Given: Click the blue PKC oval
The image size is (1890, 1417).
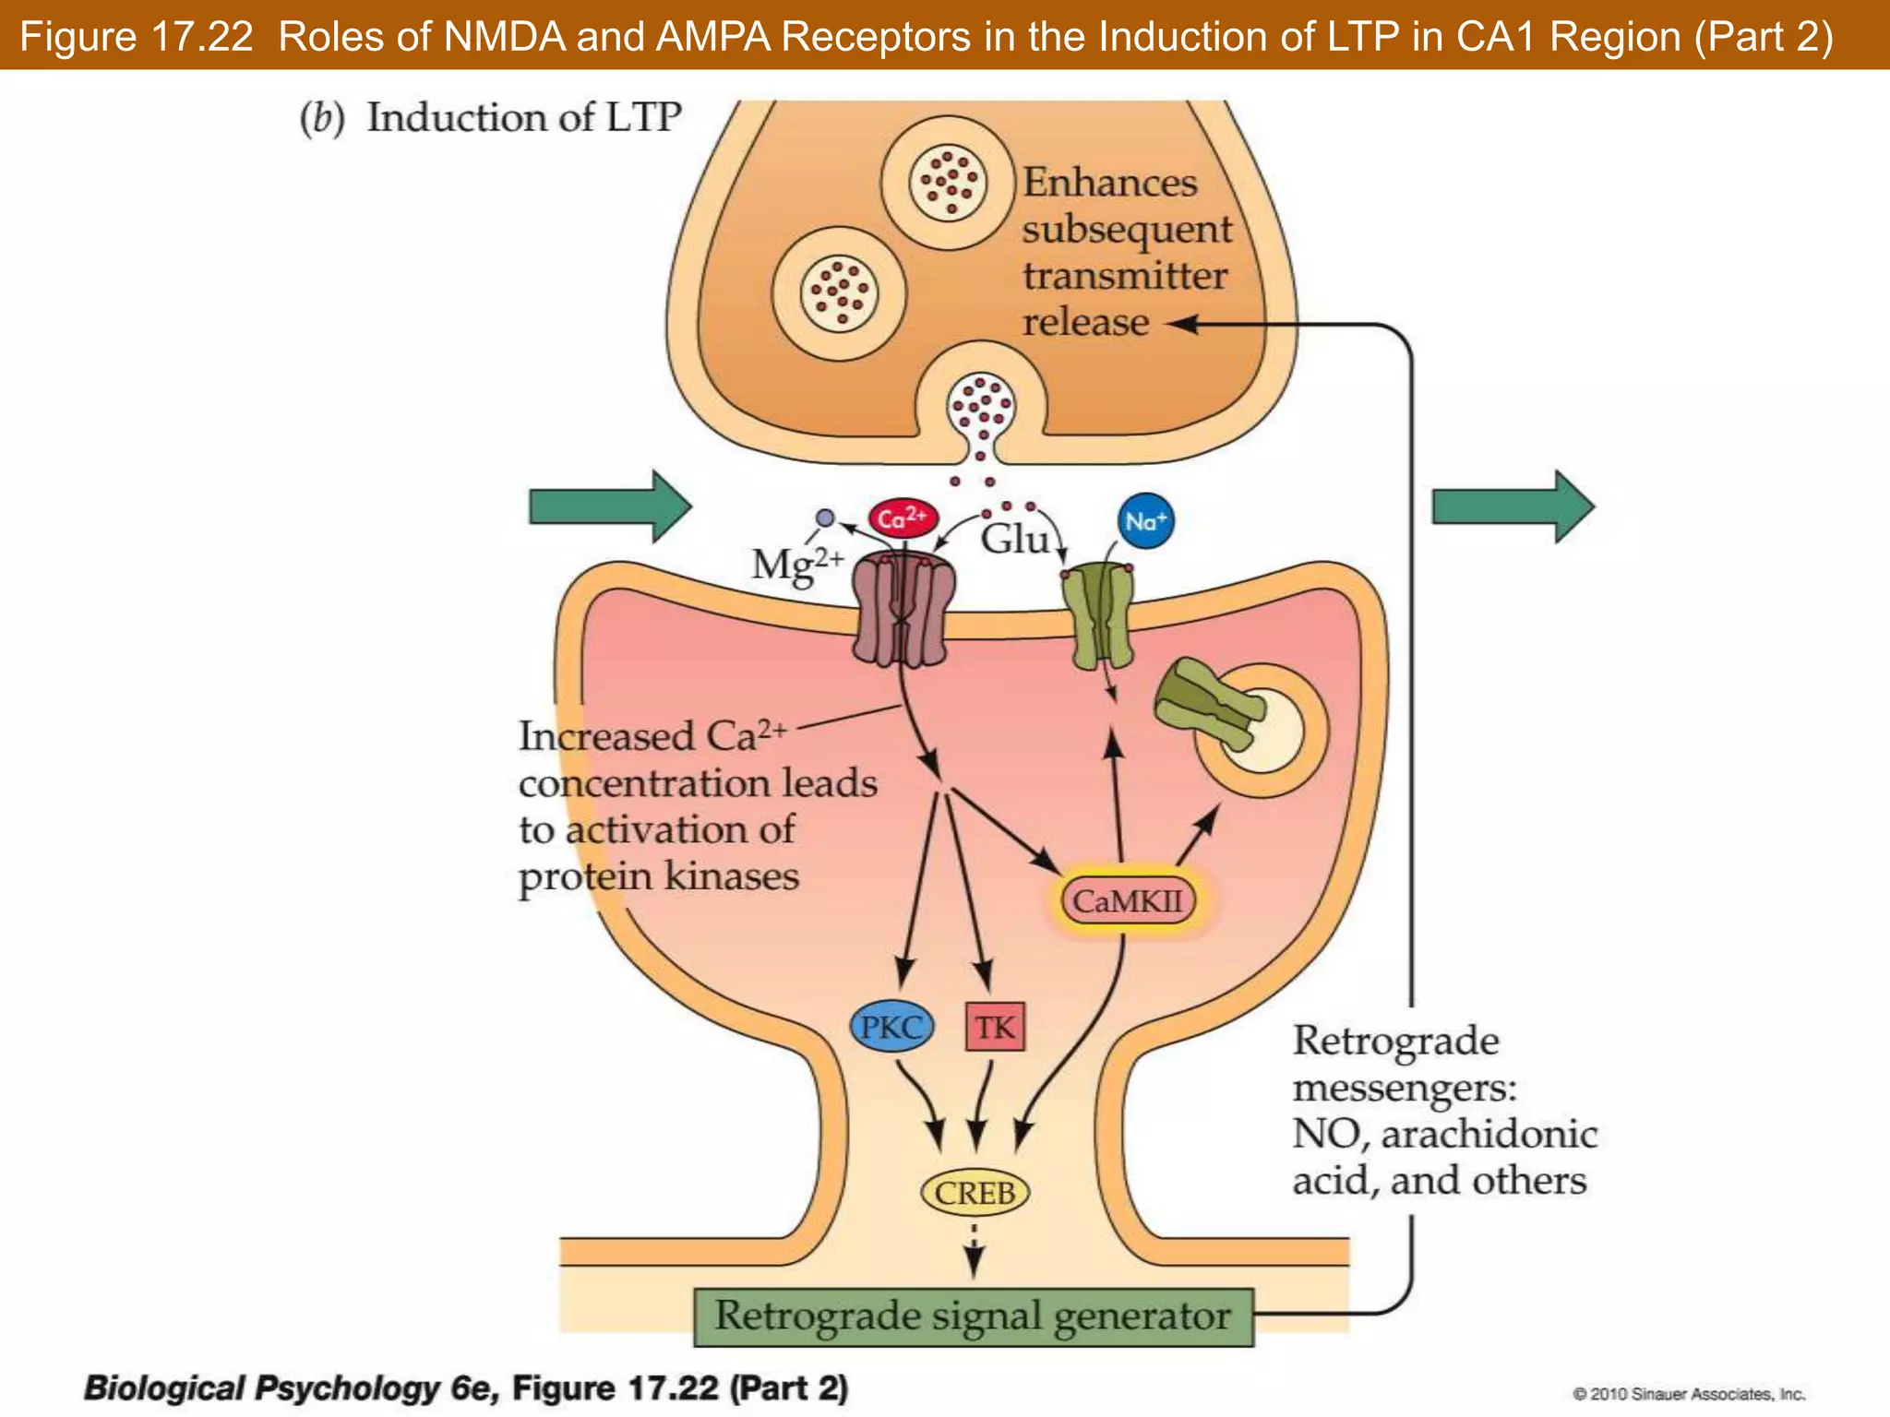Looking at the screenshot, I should [891, 1027].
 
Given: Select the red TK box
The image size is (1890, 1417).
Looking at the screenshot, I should [994, 1027].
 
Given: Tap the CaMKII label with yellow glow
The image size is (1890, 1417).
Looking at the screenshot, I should [1128, 900].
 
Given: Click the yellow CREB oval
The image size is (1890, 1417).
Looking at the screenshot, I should [975, 1193].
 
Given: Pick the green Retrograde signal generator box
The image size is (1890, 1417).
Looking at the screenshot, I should [973, 1316].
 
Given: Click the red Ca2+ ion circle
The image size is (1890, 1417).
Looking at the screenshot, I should [902, 518].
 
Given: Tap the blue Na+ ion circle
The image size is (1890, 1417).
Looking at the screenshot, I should [1145, 521].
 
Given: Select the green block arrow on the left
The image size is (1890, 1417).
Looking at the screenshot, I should [610, 506].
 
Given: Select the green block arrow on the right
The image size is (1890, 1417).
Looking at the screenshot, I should [1512, 506].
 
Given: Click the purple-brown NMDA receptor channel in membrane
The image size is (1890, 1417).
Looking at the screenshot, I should [902, 610].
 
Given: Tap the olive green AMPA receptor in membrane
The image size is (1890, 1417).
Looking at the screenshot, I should [1098, 616].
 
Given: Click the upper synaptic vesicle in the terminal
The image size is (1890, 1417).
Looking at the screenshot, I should [948, 183].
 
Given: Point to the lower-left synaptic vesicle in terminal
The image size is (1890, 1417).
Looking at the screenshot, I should [839, 293].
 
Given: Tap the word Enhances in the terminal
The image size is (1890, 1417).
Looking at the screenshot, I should [1109, 183].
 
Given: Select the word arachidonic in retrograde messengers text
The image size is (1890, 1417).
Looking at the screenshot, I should [1489, 1135].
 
